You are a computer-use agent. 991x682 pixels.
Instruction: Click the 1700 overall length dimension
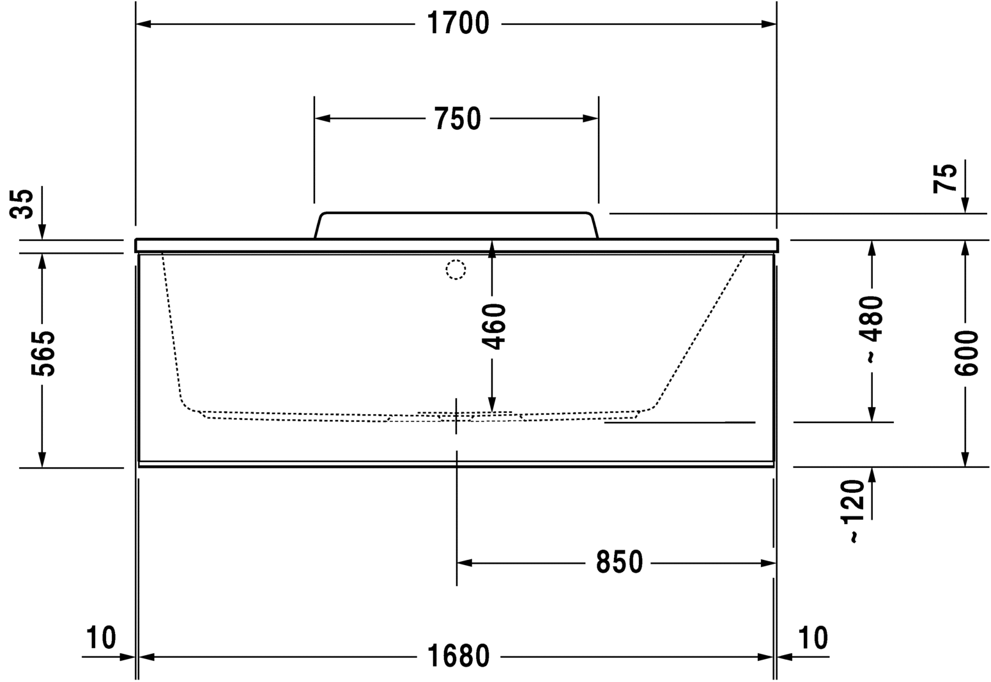tap(457, 24)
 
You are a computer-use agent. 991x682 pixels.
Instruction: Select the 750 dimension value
tap(457, 119)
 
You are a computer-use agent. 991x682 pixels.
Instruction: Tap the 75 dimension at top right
tap(946, 178)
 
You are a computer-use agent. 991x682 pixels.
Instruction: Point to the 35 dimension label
tap(24, 203)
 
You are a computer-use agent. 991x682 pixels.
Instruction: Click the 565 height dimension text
tap(43, 353)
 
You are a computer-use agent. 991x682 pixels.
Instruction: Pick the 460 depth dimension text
tap(493, 327)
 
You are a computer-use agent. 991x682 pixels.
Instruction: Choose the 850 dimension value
tap(618, 562)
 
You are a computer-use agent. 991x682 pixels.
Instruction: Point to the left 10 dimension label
tap(101, 637)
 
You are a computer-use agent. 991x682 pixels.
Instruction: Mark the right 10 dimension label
tap(813, 637)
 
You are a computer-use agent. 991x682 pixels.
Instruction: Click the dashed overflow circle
tap(456, 270)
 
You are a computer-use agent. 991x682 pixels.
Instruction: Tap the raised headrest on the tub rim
tap(456, 225)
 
